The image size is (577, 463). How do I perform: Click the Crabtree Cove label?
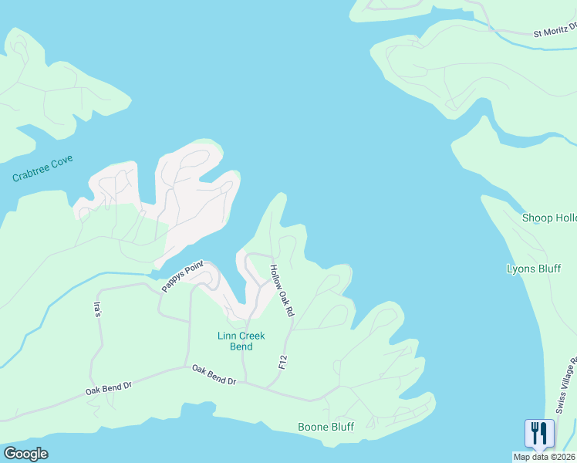[x=42, y=168]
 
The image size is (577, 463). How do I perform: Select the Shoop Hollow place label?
[x=548, y=218]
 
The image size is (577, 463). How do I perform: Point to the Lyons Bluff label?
[x=533, y=269]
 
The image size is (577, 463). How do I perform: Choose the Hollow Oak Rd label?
[x=282, y=291]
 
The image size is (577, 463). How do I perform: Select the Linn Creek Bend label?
[x=241, y=341]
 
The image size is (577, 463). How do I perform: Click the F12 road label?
[x=283, y=361]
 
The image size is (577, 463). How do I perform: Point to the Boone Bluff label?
[x=326, y=427]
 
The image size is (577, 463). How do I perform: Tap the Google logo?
[x=25, y=454]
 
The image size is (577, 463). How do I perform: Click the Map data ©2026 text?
[x=545, y=457]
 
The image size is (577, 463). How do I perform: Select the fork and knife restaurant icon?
[x=539, y=433]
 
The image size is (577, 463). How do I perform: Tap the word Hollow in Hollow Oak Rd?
[x=275, y=277]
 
